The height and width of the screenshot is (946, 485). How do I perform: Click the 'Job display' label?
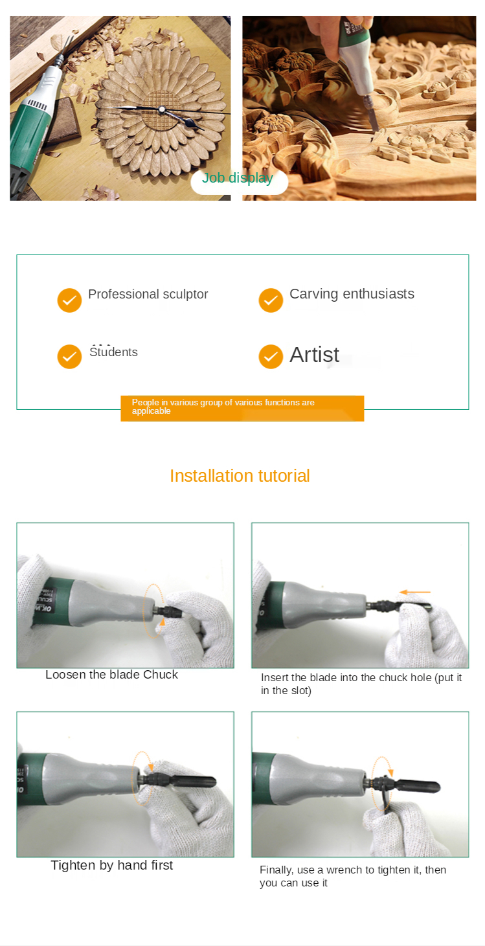[238, 178]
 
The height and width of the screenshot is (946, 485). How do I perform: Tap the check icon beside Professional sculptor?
[69, 300]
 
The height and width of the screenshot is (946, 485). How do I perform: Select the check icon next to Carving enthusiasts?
[271, 300]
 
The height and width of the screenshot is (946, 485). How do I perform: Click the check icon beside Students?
[69, 356]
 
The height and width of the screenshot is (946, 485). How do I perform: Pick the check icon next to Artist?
[271, 356]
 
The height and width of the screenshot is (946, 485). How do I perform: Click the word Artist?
[314, 355]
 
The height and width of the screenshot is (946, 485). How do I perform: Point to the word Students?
[114, 352]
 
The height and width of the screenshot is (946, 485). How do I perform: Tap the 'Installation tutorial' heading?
[240, 476]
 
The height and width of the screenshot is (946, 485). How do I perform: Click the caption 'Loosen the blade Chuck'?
[111, 675]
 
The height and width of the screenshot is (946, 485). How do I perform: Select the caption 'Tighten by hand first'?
[112, 865]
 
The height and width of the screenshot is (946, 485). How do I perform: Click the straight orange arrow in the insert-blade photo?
[415, 592]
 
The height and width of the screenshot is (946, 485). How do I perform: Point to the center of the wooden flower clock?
[162, 110]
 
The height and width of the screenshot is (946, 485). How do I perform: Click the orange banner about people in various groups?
[242, 409]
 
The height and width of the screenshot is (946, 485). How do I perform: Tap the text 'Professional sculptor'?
[148, 294]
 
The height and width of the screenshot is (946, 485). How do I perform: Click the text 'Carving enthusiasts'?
[352, 294]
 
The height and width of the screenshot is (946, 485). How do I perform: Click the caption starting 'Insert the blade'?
[361, 684]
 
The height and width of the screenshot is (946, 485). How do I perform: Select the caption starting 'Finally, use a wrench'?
[353, 876]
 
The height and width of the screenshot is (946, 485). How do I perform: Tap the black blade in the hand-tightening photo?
[192, 782]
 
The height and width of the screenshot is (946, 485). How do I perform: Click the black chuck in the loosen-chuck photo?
[171, 611]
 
